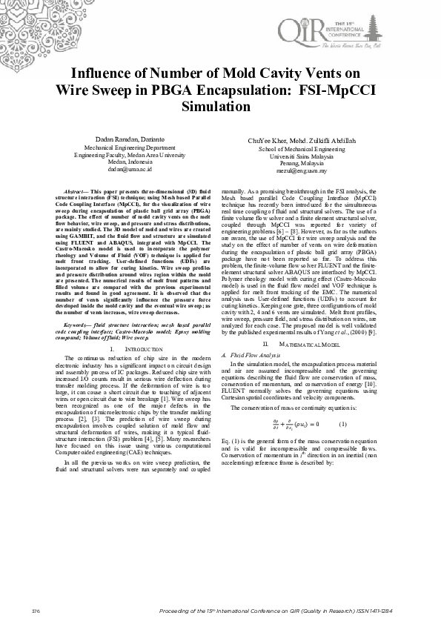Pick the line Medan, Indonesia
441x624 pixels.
pos(129,162)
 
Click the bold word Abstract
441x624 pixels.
pos(77,192)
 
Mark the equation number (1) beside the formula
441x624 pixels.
pos(342,423)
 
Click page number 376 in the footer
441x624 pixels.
pos(36,609)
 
